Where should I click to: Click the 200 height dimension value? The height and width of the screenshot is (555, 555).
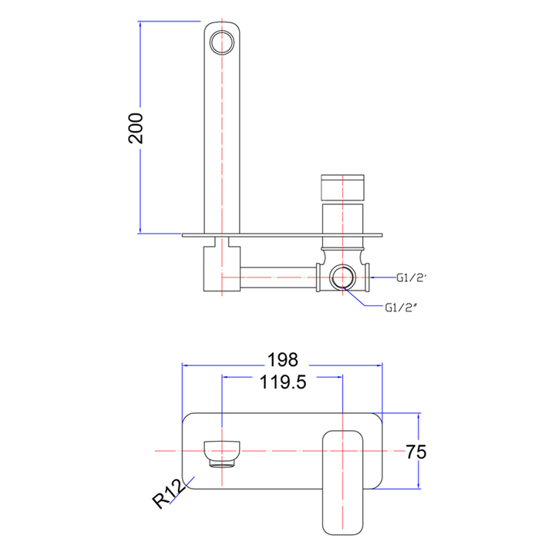pyautogui.click(x=136, y=128)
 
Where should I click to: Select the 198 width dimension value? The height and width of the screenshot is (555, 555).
pyautogui.click(x=283, y=360)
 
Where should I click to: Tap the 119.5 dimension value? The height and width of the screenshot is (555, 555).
pyautogui.click(x=283, y=382)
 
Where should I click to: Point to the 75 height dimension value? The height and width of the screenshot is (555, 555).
pyautogui.click(x=416, y=452)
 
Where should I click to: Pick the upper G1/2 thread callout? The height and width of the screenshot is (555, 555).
pyautogui.click(x=410, y=277)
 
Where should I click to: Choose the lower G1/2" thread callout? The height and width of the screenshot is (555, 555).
pyautogui.click(x=400, y=308)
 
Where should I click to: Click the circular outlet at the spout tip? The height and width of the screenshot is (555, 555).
pyautogui.click(x=222, y=42)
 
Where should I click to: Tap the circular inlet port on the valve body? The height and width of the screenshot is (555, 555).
pyautogui.click(x=342, y=277)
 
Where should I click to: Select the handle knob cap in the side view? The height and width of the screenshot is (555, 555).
pyautogui.click(x=342, y=187)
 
